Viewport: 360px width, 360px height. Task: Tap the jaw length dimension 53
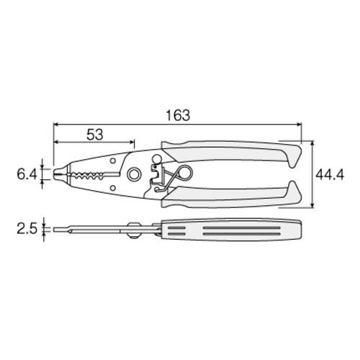[93, 134]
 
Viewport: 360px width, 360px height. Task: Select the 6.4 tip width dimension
[27, 174]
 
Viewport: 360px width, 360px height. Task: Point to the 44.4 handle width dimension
[334, 174]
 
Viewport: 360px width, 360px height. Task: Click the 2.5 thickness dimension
[27, 230]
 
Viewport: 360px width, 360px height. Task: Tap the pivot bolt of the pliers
[134, 175]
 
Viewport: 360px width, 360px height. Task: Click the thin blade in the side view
[86, 230]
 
